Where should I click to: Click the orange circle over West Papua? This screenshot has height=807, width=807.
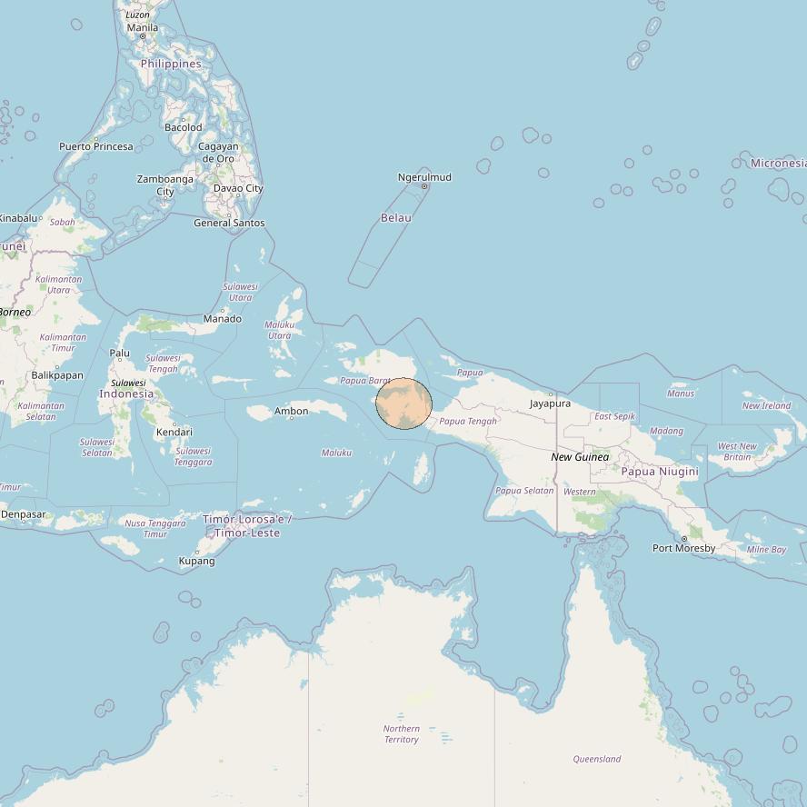coord(403,403)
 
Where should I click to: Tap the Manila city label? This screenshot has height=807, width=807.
coord(143,27)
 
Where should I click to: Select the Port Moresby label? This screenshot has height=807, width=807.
coord(683,548)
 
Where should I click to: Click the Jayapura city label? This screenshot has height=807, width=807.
coord(551,403)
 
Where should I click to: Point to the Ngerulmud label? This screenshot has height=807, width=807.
coord(424,177)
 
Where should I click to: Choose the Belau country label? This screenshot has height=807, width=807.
coord(396,217)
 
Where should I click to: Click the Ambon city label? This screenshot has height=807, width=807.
coord(292,411)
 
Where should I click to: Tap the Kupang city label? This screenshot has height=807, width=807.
coord(197,561)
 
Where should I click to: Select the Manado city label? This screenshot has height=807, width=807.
coord(223,318)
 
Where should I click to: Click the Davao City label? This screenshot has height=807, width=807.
coord(238,188)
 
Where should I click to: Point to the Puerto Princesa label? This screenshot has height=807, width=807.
coord(96,146)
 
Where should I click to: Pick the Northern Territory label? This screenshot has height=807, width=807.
coord(401,733)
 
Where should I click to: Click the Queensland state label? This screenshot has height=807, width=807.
coord(597,758)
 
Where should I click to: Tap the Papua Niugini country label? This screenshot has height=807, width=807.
coord(660,471)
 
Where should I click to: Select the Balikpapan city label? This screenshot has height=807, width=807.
coord(57,374)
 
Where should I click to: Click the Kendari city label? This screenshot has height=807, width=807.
coord(174,433)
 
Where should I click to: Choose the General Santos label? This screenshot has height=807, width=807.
coord(229,223)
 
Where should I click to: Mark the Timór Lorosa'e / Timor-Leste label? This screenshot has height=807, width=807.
coord(247,525)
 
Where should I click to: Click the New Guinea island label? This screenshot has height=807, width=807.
coord(580,457)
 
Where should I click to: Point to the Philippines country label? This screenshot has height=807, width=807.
coord(171,64)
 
